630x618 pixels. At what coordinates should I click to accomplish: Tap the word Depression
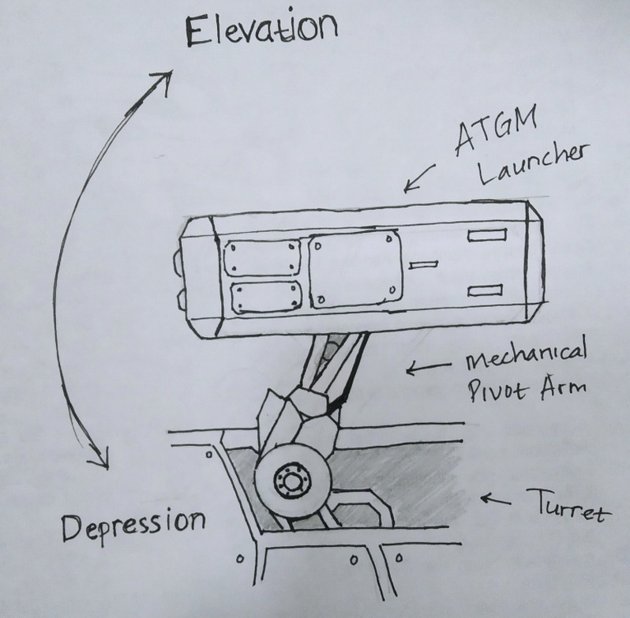click(132, 522)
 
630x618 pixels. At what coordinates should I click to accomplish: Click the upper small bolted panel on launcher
click(263, 259)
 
